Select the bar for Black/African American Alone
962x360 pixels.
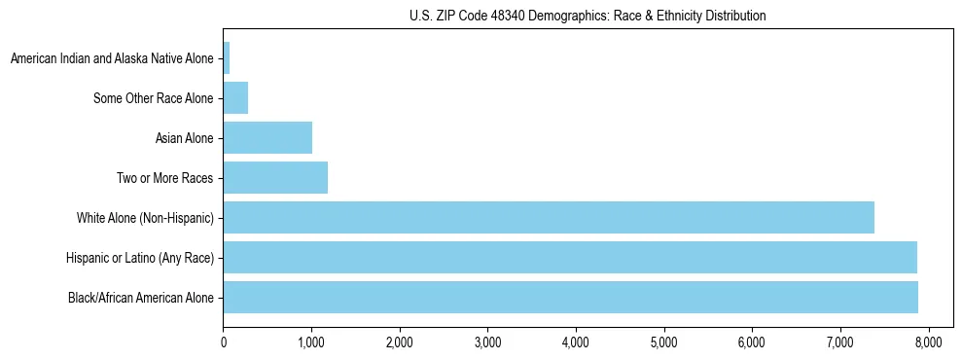pos(570,297)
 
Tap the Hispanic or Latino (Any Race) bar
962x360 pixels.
pos(570,257)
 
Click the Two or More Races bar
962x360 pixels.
pos(275,178)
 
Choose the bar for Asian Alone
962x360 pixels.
pos(267,138)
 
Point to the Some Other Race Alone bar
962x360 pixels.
pos(235,98)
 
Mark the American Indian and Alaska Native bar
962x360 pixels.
pos(227,58)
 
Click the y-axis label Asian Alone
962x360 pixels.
pos(184,138)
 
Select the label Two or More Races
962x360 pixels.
pos(163,178)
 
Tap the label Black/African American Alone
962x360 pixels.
pos(140,297)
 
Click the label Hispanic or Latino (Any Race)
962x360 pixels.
pos(139,257)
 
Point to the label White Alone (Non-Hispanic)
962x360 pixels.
pos(145,217)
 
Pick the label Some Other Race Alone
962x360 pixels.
pos(153,98)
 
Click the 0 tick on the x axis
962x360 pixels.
pos(224,342)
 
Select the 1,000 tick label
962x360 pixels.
pos(311,342)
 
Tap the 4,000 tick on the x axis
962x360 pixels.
pos(576,342)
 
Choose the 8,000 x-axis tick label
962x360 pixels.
pos(928,342)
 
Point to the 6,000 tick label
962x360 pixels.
pos(752,342)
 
